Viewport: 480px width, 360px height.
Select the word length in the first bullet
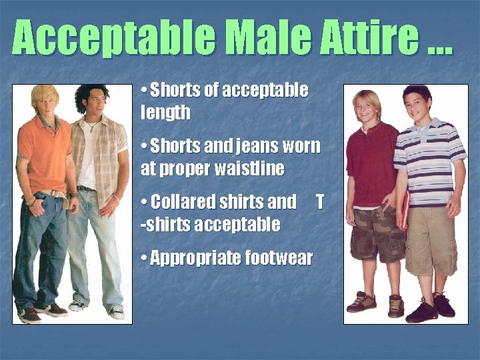tap(165, 113)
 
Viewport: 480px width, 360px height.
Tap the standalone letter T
tap(319, 201)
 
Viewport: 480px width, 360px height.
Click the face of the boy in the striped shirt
tap(417, 107)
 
